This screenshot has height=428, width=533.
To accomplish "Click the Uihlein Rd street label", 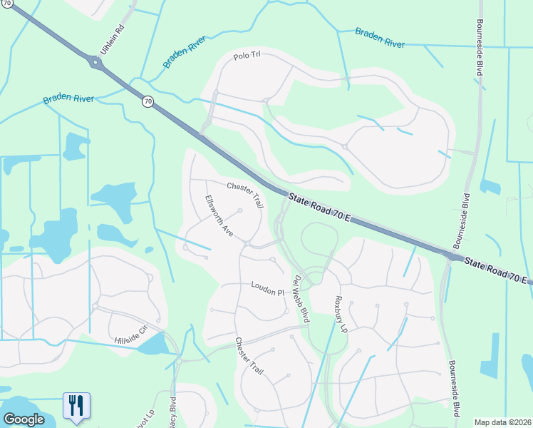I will (112, 40).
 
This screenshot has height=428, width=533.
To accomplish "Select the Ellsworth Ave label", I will (219, 216).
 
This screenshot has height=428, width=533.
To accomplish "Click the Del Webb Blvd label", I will (301, 299).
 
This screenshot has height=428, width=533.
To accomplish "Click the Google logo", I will (24, 419).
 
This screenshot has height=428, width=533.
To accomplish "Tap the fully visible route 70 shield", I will (148, 101).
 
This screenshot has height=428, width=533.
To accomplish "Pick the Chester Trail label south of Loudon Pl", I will (249, 357).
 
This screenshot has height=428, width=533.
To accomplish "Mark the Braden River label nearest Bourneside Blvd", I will (381, 38).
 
